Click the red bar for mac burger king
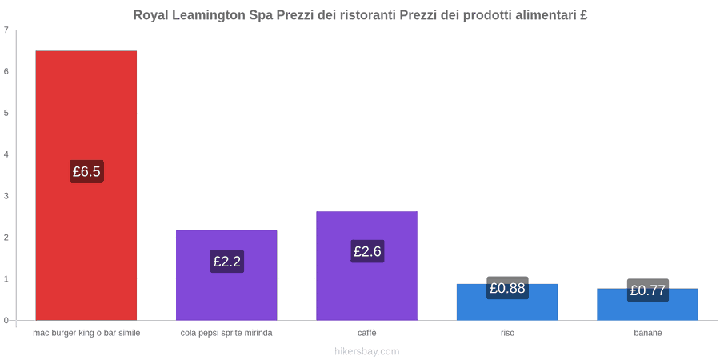[x=86, y=185]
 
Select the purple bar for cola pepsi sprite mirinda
[x=226, y=275]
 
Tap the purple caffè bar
[x=367, y=266]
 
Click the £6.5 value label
[x=86, y=172]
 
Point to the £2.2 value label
[x=227, y=262]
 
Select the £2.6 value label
[x=367, y=251]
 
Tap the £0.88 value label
[x=507, y=288]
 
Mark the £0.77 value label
[x=648, y=290]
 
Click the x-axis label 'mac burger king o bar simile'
[x=86, y=333]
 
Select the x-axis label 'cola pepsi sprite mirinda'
[x=226, y=333]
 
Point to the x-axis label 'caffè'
[x=367, y=333]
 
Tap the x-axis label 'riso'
[x=507, y=333]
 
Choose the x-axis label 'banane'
[x=648, y=333]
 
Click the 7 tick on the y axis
[x=6, y=30]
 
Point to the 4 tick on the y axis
[x=6, y=154]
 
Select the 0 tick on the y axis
[x=6, y=320]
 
